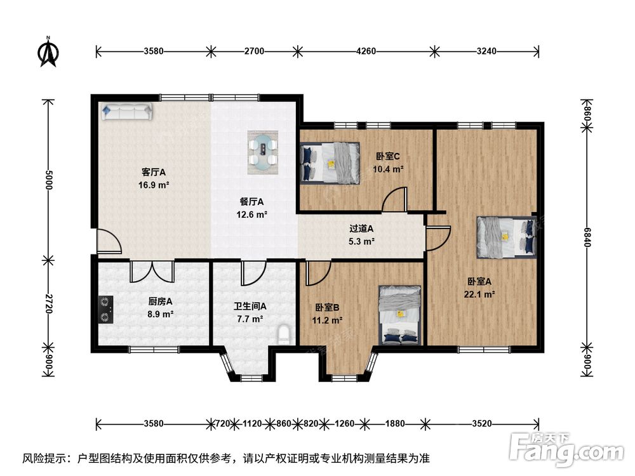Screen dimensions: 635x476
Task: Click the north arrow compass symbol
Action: pyautogui.click(x=48, y=51)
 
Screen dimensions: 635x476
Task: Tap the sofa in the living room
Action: pyautogui.click(x=127, y=111)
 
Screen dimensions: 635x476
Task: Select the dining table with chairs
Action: pyautogui.click(x=263, y=152)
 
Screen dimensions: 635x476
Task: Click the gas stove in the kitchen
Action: pyautogui.click(x=105, y=310)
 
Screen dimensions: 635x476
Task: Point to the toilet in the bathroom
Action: pyautogui.click(x=284, y=334)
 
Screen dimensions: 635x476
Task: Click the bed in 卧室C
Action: pyautogui.click(x=330, y=162)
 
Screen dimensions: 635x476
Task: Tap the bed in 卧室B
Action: pyautogui.click(x=400, y=315)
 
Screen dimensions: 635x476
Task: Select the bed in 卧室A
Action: pyautogui.click(x=507, y=237)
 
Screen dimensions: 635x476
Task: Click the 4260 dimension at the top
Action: pyautogui.click(x=366, y=51)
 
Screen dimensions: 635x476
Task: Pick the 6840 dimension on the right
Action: pyautogui.click(x=587, y=237)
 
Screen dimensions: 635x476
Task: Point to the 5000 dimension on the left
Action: pyautogui.click(x=49, y=180)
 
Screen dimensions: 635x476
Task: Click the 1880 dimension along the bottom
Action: pyautogui.click(x=395, y=424)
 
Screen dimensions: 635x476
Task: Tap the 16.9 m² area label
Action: pyautogui.click(x=154, y=185)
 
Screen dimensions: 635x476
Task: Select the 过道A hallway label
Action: pyautogui.click(x=361, y=228)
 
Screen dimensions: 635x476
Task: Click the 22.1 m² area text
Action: pyautogui.click(x=479, y=294)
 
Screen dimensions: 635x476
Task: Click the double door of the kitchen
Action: pyautogui.click(x=152, y=272)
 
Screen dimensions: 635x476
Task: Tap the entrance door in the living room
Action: pyautogui.click(x=109, y=241)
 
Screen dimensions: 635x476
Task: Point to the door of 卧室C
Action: pyautogui.click(x=395, y=199)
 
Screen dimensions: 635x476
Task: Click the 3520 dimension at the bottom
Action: pyautogui.click(x=482, y=424)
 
